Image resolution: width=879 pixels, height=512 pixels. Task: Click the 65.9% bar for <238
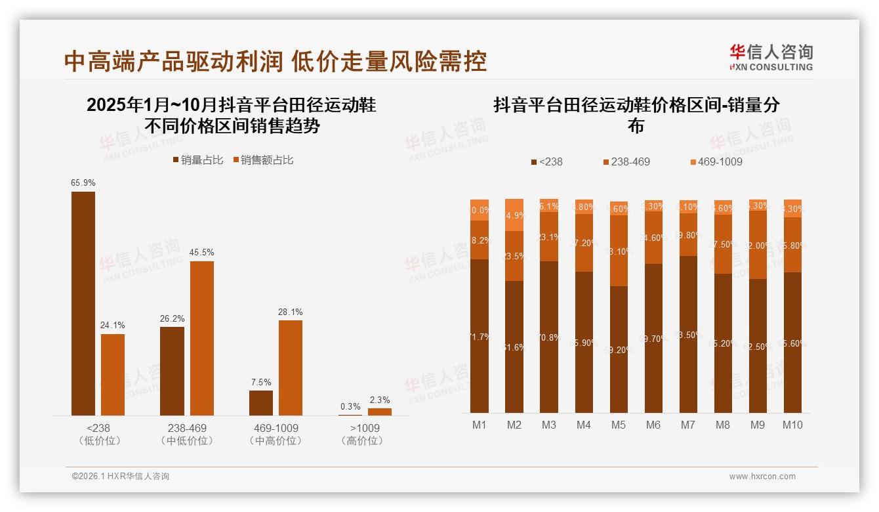[x=83, y=303]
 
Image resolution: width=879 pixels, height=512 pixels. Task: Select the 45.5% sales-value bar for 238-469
[x=202, y=338]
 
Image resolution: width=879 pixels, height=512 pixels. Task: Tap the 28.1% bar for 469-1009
[x=291, y=368]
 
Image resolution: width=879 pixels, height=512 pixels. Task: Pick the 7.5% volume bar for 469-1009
[x=261, y=403]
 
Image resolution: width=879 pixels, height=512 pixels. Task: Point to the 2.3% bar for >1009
[x=379, y=412]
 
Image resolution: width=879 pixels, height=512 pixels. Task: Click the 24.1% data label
[x=113, y=325]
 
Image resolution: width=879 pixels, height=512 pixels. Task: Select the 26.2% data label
[x=172, y=318]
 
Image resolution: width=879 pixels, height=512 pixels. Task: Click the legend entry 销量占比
[x=197, y=160]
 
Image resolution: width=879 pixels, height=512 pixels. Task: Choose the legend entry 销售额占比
[x=262, y=160]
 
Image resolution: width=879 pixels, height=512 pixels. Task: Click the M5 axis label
[x=618, y=425]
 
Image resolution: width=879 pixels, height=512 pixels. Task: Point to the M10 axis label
[x=792, y=425]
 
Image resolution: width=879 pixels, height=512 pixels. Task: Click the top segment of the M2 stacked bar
[x=514, y=215]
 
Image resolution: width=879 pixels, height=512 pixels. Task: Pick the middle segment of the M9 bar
[x=758, y=245]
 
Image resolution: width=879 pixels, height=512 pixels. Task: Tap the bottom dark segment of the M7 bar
[x=688, y=334]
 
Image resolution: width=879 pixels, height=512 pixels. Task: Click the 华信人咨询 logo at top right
[x=771, y=57]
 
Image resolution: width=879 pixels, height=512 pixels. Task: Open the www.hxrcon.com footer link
[x=762, y=477]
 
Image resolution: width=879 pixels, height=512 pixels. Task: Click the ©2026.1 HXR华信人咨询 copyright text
[x=121, y=477]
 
